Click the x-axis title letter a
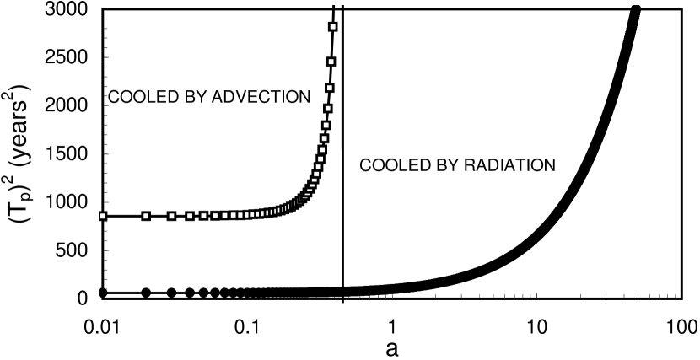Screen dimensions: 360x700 391,347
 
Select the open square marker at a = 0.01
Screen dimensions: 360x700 103,216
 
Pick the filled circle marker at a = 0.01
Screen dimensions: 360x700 103,293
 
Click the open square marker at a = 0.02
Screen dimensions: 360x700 146,216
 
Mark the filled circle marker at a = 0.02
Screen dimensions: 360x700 146,293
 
